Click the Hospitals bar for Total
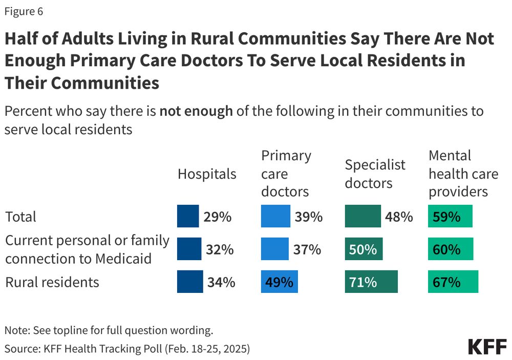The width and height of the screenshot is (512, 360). [x=188, y=216]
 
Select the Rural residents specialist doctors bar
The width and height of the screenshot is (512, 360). [x=371, y=282]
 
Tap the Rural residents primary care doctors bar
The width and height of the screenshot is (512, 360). [x=280, y=282]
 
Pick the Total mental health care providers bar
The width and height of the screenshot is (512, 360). [x=450, y=216]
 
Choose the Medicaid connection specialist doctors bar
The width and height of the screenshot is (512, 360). [x=364, y=249]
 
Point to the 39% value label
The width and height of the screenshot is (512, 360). [x=308, y=217]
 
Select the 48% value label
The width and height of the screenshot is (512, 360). [x=398, y=217]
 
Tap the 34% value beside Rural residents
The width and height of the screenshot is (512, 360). [x=221, y=282]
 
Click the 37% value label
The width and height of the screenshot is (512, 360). [x=307, y=249]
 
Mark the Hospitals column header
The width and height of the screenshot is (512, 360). [x=207, y=174]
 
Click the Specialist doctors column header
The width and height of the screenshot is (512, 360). [x=375, y=174]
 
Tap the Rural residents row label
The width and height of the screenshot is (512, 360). [x=52, y=282]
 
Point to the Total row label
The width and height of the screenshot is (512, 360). [x=21, y=217]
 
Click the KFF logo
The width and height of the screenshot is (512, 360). [x=487, y=347]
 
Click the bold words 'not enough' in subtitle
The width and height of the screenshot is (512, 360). [x=196, y=111]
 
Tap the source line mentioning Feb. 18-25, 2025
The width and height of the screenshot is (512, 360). [x=127, y=348]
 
